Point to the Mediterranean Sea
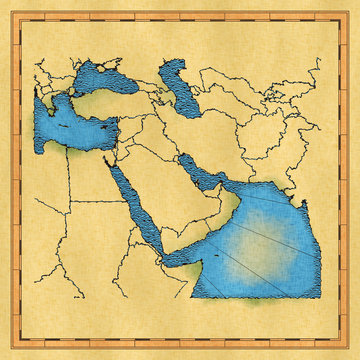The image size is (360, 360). pos(70,125)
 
